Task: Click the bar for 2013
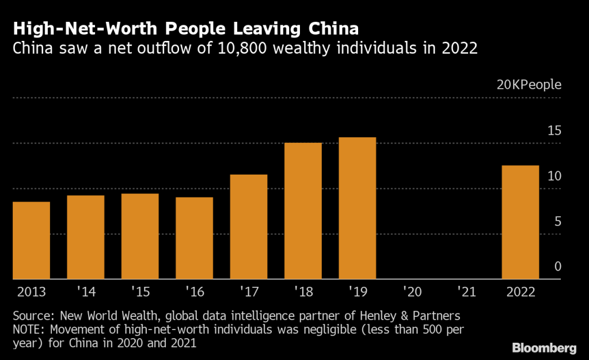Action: coord(31,240)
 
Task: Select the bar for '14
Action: coord(86,237)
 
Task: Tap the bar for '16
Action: coord(194,238)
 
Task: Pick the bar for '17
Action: coord(249,226)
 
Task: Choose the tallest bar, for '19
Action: coord(357,208)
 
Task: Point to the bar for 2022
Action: coord(520,222)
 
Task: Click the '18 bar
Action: coord(303,211)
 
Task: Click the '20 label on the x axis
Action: coord(412,292)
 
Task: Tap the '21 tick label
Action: coord(466,292)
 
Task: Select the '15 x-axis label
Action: coord(140,292)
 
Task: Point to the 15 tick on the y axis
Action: coord(554,131)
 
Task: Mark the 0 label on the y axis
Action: coord(557,267)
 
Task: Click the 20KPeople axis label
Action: coord(529,85)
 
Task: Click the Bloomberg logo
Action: coord(544,348)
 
